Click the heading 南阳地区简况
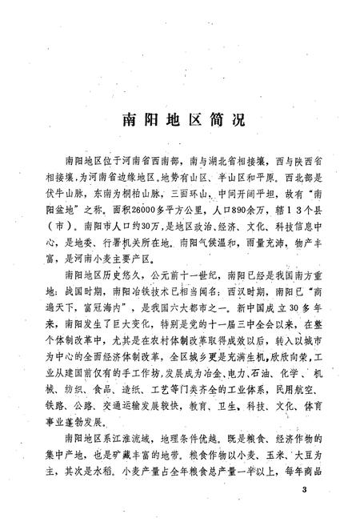point(179,119)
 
